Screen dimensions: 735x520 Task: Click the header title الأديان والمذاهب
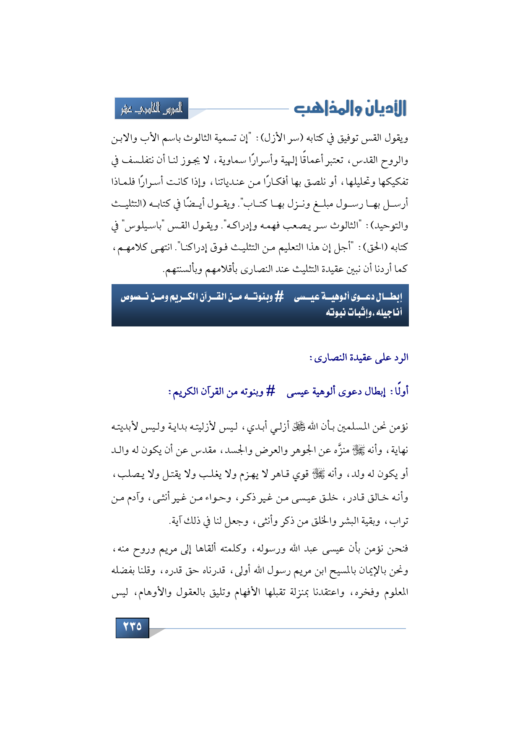coord(350,108)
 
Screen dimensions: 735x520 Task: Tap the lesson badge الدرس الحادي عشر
coord(152,109)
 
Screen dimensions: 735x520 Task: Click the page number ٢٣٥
coord(132,627)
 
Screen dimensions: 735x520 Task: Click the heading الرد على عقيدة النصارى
coord(359,357)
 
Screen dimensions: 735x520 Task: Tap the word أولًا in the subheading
coord(399,392)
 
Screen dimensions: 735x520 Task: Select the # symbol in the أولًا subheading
coord(271,392)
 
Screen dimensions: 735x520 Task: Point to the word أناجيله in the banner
coord(387,313)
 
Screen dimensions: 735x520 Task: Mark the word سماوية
coord(242,160)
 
